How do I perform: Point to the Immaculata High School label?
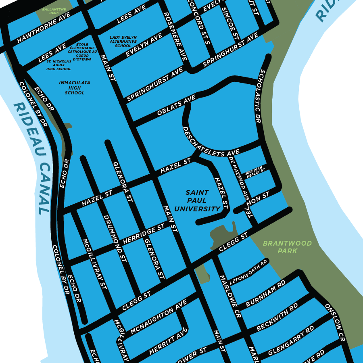75,88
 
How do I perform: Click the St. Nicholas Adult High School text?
59,65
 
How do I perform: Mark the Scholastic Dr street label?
262,96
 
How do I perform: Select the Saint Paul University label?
197,201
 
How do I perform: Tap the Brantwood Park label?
287,247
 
